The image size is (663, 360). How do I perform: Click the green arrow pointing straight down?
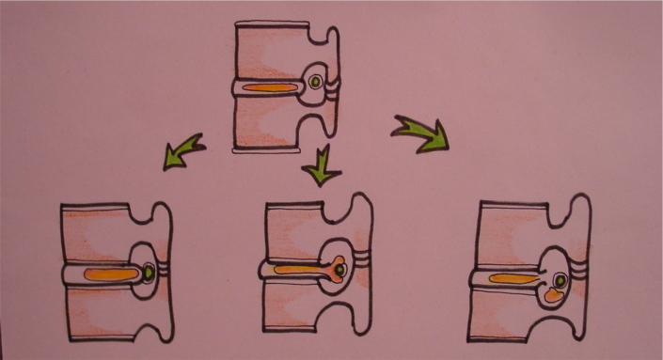(x=320, y=168)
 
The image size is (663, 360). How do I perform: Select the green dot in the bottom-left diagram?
(x=149, y=274)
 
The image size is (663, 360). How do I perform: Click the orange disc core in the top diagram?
(x=272, y=90)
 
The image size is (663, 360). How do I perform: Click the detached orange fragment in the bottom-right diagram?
(x=555, y=295)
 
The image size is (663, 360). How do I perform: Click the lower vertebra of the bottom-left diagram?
(x=103, y=315)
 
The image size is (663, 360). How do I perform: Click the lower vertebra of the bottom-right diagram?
(x=517, y=320)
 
